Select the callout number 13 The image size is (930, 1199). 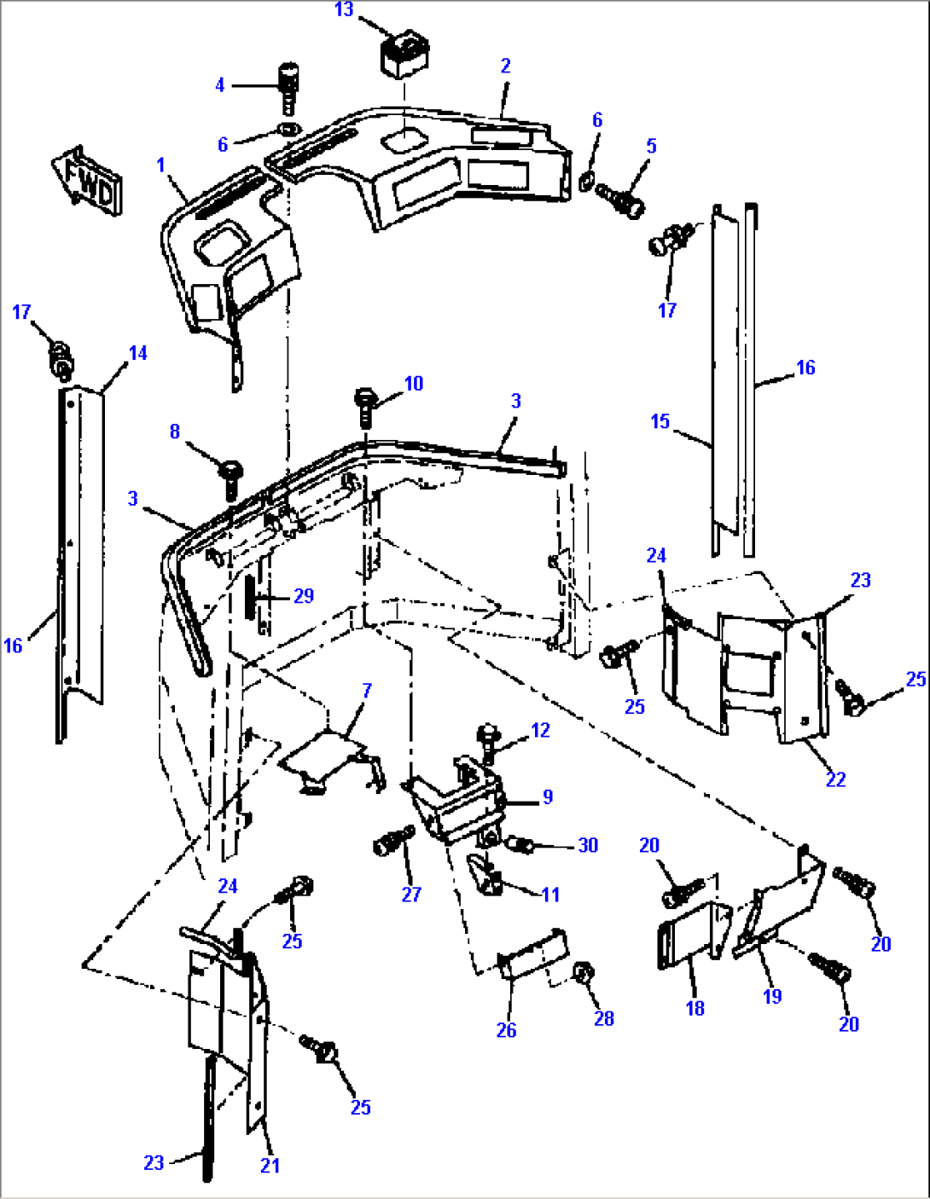click(344, 9)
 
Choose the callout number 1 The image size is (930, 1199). click(161, 164)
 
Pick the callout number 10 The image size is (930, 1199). click(414, 384)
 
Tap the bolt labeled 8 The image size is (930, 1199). click(230, 478)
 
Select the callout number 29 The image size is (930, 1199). click(304, 595)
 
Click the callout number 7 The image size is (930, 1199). click(367, 690)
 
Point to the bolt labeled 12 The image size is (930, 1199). click(488, 742)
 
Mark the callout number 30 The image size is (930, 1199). click(588, 845)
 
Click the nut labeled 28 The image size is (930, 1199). click(584, 975)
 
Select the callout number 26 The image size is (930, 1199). click(506, 1030)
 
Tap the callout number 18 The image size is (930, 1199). click(695, 1007)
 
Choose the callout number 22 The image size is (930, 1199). click(835, 779)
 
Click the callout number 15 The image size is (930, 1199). click(660, 421)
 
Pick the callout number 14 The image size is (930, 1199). click(137, 353)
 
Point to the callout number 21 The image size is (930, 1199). click(270, 1165)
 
